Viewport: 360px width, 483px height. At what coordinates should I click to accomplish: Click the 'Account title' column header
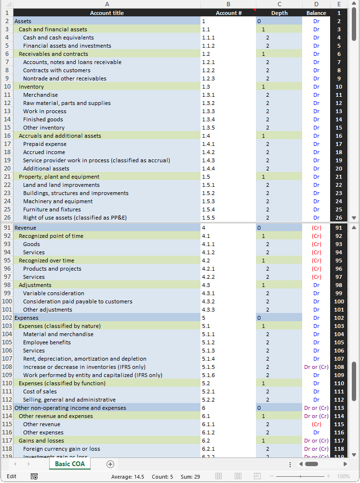(107, 13)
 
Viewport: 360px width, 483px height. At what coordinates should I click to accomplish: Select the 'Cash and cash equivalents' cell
(58, 38)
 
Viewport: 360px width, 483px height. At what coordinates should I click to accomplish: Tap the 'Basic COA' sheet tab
(70, 464)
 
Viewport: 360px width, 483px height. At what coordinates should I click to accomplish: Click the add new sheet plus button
(110, 464)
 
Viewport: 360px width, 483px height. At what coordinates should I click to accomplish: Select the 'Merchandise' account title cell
(40, 95)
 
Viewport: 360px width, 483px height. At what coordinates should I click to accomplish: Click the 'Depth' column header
(279, 13)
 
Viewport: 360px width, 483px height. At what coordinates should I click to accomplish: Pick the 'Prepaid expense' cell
(45, 144)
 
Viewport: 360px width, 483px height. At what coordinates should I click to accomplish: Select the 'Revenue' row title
(25, 228)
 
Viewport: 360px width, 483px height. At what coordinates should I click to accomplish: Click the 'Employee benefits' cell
(47, 342)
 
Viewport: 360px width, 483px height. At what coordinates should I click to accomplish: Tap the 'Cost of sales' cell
(40, 392)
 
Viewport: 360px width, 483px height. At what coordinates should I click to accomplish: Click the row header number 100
(7, 301)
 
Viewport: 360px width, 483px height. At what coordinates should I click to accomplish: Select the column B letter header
(228, 4)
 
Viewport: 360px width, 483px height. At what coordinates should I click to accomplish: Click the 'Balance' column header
(316, 13)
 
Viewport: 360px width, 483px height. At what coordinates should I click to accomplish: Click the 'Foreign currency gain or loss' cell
(62, 449)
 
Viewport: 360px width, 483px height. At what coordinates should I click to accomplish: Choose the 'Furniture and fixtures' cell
(52, 209)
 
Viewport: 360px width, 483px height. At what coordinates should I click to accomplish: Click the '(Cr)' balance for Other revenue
(316, 424)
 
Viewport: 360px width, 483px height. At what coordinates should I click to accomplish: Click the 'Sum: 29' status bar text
(190, 476)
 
